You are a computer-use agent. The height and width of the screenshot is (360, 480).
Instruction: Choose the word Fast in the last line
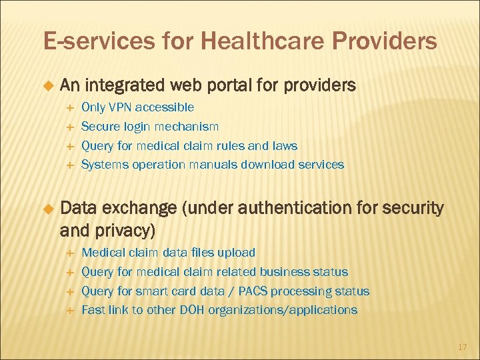[93, 310]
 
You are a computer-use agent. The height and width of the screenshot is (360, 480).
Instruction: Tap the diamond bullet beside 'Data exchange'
[48, 209]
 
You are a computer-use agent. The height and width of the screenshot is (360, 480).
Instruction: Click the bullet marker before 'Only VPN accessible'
[68, 107]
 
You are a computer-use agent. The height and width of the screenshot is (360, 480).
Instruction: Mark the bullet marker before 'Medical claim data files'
[68, 253]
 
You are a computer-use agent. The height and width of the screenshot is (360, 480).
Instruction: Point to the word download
[275, 165]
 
